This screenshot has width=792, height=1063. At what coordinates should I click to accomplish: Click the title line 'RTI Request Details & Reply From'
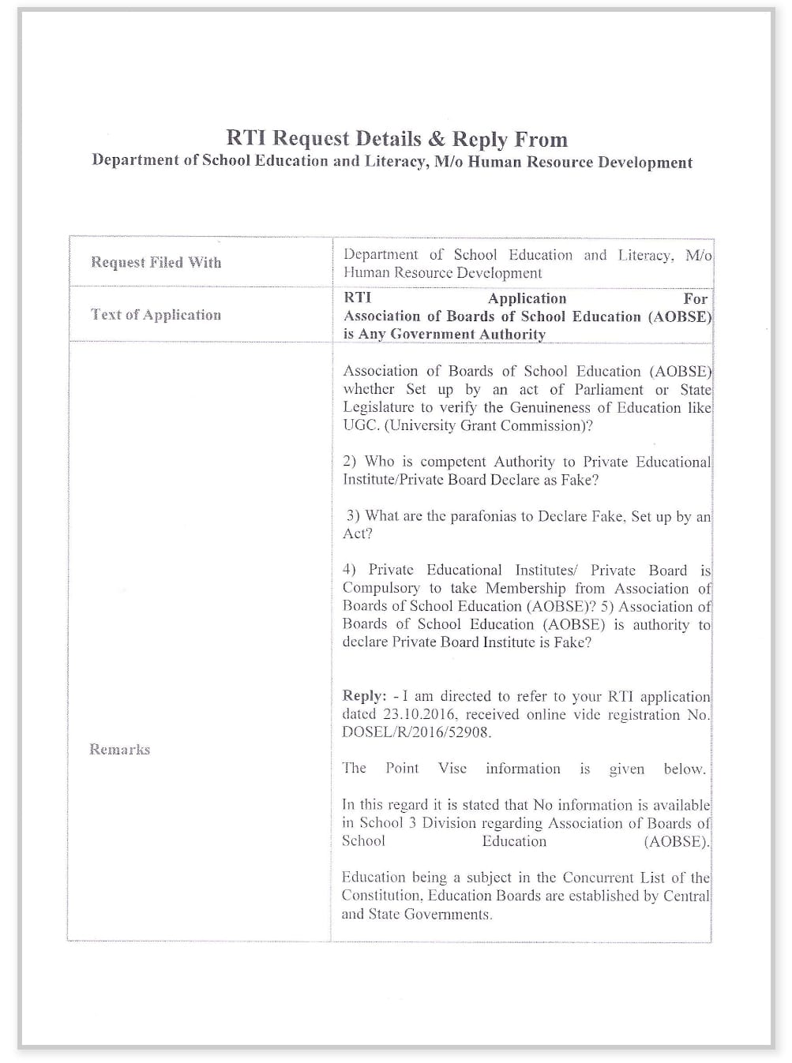[x=396, y=139]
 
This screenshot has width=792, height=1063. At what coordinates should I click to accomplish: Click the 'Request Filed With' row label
[x=156, y=262]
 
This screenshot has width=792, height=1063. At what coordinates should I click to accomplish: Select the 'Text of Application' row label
[x=156, y=314]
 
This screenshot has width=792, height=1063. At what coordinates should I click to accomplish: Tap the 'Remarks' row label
[x=119, y=749]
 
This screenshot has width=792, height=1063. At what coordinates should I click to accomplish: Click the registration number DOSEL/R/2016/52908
[x=416, y=732]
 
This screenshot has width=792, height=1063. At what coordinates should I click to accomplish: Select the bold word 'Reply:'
[x=364, y=696]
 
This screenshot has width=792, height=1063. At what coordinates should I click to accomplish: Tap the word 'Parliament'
[x=606, y=389]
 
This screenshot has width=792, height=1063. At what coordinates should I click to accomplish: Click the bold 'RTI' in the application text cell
[x=357, y=298]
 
